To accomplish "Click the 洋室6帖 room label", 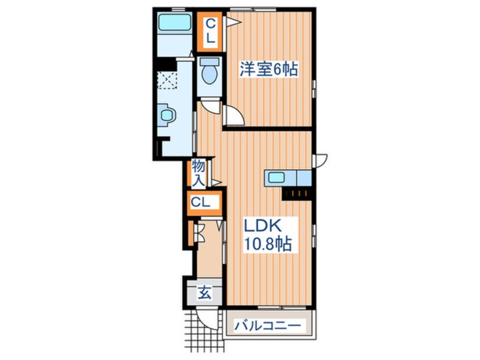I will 268,70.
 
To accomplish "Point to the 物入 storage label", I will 198,173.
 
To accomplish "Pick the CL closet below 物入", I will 201,202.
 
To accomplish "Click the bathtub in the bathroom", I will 174,24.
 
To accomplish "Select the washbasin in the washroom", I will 167,115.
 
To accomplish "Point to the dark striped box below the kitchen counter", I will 297,194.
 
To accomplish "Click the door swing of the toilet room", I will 210,106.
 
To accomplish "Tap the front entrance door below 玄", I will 206,319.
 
